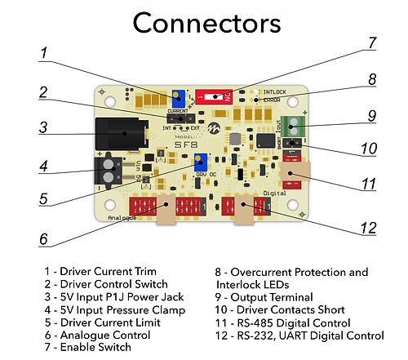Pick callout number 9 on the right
click(370, 116)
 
